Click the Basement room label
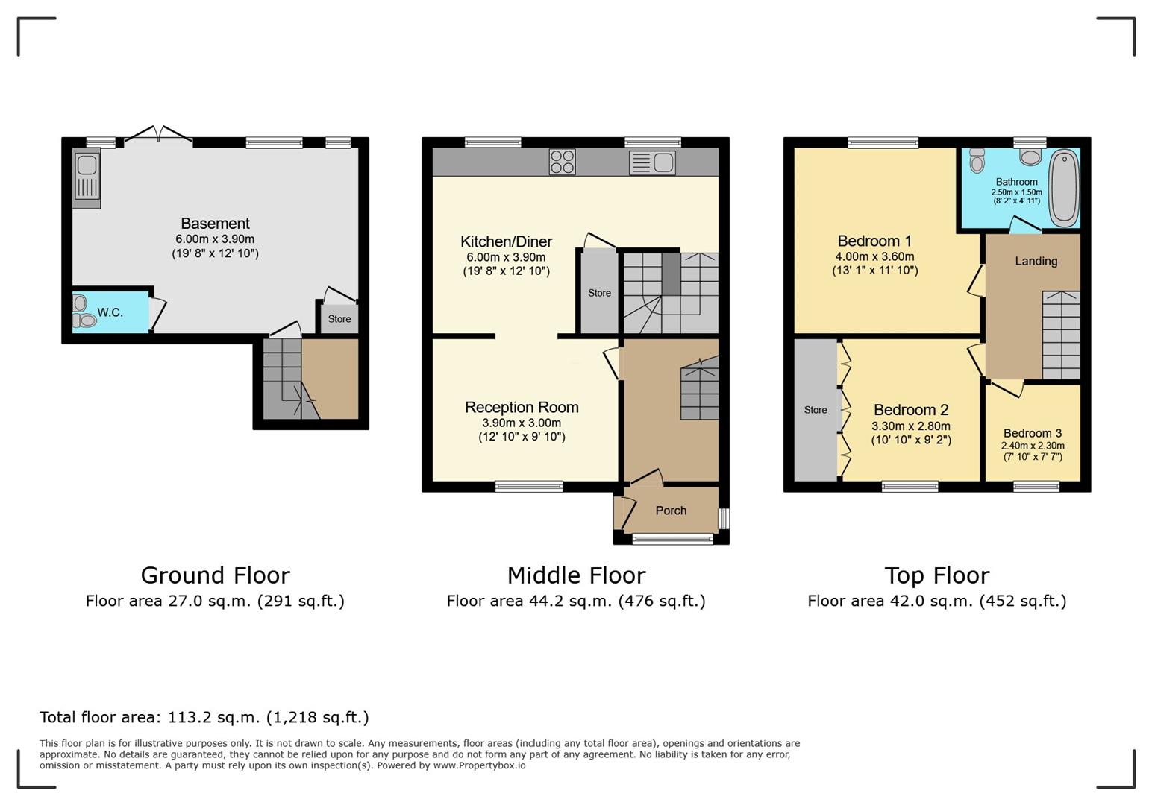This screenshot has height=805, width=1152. [x=216, y=224]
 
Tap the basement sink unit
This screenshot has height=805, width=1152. [x=87, y=178]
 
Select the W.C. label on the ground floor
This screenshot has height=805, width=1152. [x=110, y=312]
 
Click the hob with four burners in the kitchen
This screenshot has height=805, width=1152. [x=562, y=162]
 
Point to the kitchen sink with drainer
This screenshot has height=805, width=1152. [x=652, y=162]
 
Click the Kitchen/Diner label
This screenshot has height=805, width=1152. [x=506, y=241]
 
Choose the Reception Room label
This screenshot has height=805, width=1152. [x=522, y=408]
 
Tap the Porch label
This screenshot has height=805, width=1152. [x=671, y=510]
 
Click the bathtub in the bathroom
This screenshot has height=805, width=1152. [x=1064, y=188]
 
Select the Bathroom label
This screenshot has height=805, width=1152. [x=1017, y=182]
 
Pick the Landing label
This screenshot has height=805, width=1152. [x=1036, y=261]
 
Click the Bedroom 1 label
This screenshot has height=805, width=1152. [x=874, y=241]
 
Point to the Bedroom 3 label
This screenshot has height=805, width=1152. [x=1032, y=433]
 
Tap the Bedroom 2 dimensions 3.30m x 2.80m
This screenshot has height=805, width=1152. [x=911, y=426]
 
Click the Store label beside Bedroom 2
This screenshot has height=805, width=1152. [x=816, y=410]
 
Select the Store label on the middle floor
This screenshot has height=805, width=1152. [x=599, y=293]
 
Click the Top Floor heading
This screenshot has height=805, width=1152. [x=936, y=575]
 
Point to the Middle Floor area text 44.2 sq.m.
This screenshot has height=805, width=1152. [x=575, y=601]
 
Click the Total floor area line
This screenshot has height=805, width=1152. [x=204, y=717]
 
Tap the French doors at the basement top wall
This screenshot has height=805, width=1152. [x=158, y=135]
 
